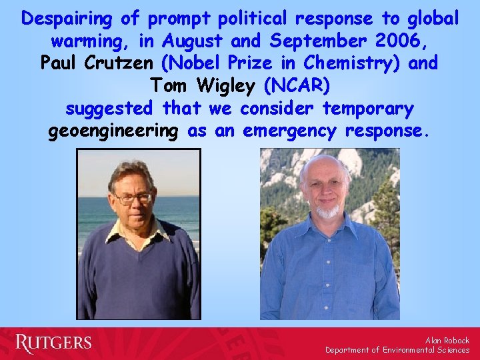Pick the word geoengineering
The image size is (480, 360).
(x=113, y=131)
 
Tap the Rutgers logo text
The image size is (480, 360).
(x=53, y=343)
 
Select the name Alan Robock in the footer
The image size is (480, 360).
(x=447, y=340)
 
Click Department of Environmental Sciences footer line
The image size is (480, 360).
(x=397, y=350)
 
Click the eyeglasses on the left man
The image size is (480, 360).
(x=133, y=197)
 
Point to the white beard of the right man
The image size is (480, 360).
(x=327, y=213)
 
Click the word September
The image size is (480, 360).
(x=314, y=41)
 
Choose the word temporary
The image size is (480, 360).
(x=368, y=109)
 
